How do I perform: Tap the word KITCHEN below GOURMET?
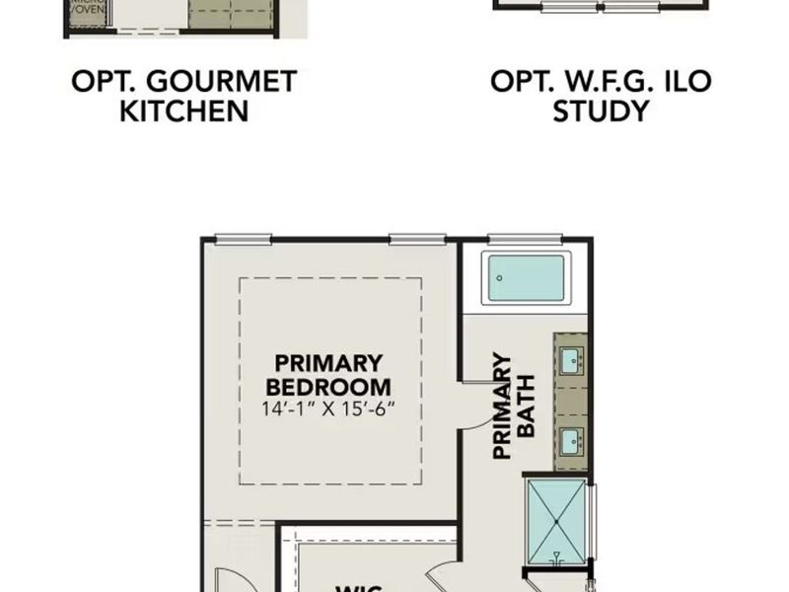click(184, 111)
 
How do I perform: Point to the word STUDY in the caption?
click(601, 111)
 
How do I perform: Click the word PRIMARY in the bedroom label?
click(328, 363)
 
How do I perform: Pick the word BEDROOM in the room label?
click(328, 387)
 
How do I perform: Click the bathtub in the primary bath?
click(527, 278)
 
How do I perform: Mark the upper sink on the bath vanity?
click(570, 360)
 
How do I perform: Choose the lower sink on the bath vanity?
click(570, 439)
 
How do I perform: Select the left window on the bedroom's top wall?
click(243, 238)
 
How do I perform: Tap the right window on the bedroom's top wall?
click(417, 238)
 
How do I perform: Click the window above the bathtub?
click(525, 238)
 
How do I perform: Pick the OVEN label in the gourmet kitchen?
click(87, 14)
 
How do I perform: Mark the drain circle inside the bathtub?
click(501, 277)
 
